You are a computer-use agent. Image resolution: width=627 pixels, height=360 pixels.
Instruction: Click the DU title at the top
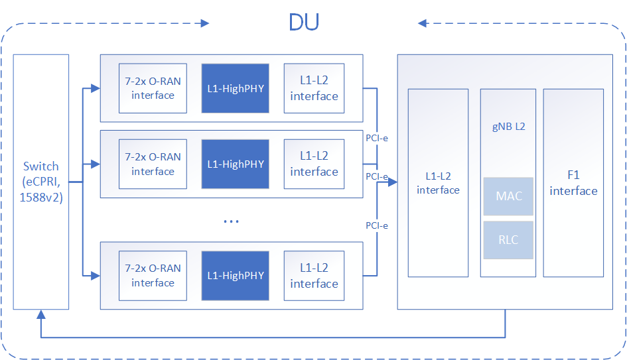pyautogui.click(x=305, y=23)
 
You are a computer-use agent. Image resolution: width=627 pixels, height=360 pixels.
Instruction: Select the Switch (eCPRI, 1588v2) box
pyautogui.click(x=41, y=181)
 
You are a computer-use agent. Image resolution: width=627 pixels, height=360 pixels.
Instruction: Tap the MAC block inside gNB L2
pyautogui.click(x=508, y=196)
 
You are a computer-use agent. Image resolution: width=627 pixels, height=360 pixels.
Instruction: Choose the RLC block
pyautogui.click(x=508, y=240)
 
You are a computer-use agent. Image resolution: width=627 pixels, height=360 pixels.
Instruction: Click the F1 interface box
pyautogui.click(x=573, y=182)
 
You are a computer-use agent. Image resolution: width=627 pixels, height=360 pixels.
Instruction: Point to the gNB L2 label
pyautogui.click(x=508, y=126)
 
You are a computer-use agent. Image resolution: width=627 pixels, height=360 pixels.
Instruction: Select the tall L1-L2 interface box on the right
pyautogui.click(x=438, y=182)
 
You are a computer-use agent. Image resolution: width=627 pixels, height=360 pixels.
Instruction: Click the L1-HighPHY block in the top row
pyautogui.click(x=236, y=88)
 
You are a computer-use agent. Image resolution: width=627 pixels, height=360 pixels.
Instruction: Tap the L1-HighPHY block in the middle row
pyautogui.click(x=236, y=164)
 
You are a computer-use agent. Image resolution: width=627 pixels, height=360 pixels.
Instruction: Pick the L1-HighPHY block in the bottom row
pyautogui.click(x=236, y=275)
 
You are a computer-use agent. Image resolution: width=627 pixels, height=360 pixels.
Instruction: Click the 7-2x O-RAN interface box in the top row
pyautogui.click(x=153, y=88)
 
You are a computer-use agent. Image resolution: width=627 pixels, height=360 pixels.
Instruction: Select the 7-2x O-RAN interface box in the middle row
pyautogui.click(x=153, y=164)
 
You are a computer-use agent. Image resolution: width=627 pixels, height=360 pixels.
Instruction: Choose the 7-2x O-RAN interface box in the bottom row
pyautogui.click(x=153, y=275)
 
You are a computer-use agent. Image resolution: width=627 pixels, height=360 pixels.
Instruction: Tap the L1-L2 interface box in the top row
pyautogui.click(x=314, y=88)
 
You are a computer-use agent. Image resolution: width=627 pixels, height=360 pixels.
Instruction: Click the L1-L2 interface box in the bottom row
pyautogui.click(x=314, y=275)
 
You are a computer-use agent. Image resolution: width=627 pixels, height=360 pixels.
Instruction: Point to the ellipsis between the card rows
pyautogui.click(x=231, y=220)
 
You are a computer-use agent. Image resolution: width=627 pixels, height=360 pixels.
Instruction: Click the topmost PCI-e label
pyautogui.click(x=377, y=139)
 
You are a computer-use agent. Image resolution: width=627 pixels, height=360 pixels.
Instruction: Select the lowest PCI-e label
pyautogui.click(x=377, y=225)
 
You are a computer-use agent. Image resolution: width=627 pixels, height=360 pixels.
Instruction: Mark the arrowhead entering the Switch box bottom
pyautogui.click(x=41, y=314)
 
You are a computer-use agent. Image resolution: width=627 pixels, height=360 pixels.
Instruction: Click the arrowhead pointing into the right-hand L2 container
pyautogui.click(x=393, y=181)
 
